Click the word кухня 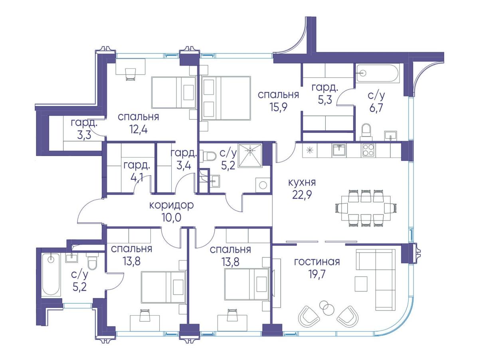302,182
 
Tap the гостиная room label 317,261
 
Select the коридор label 171,205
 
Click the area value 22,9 302,195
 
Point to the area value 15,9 278,107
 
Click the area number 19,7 317,274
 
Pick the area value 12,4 139,129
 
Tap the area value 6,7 376,108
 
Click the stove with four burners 369,150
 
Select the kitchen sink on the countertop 338,150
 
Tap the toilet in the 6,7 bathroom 366,132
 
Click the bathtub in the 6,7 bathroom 378,73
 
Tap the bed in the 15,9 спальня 226,98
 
